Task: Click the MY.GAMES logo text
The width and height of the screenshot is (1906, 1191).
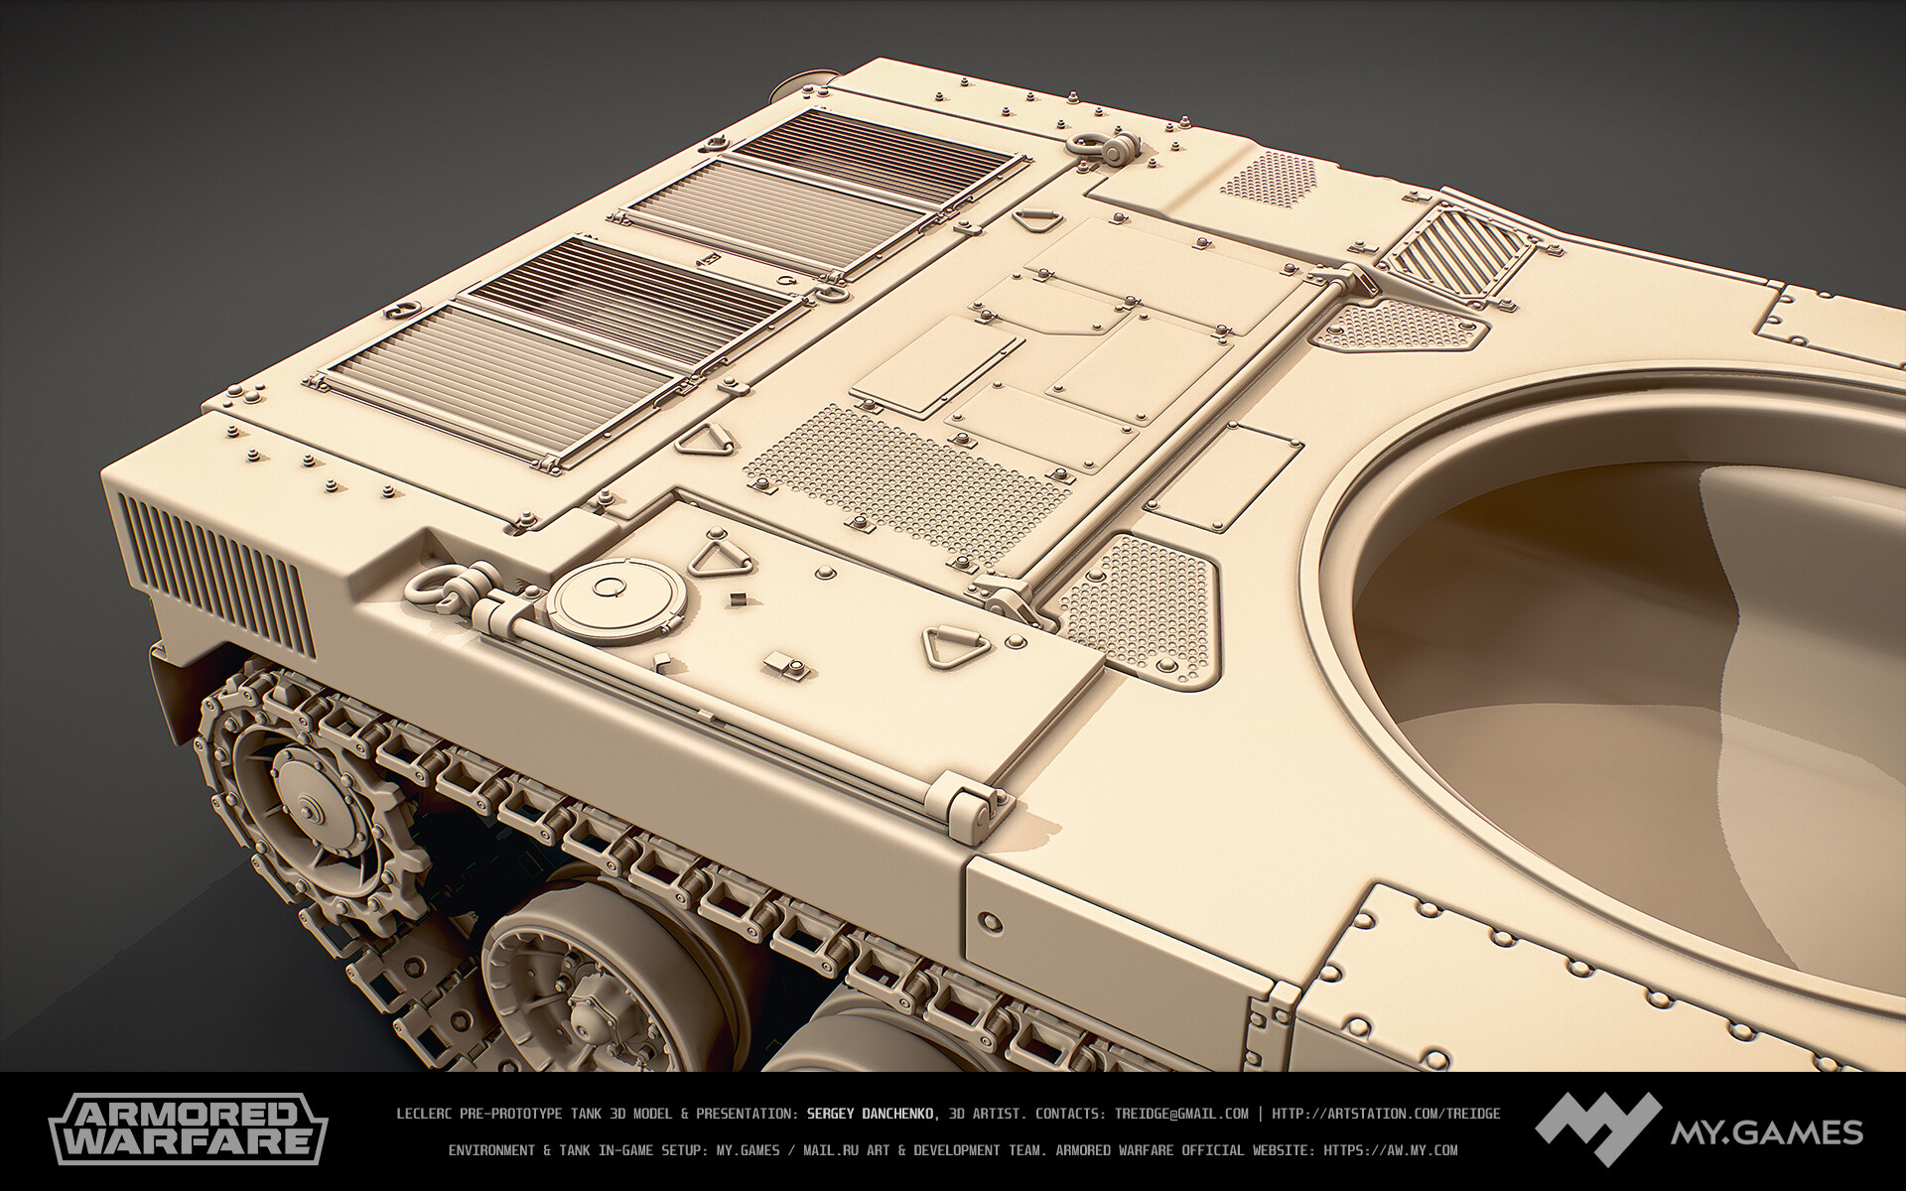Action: coord(1766,1131)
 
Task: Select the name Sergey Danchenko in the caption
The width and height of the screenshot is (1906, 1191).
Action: coord(871,1114)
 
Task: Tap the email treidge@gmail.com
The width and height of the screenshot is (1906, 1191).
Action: coord(1181,1114)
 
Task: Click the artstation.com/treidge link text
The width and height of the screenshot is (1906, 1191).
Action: coord(1386,1114)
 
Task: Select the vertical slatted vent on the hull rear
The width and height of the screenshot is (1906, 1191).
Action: coord(213,571)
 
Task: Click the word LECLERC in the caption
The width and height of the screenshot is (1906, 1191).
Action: coord(426,1114)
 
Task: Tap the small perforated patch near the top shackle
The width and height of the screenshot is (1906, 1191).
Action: coord(1270,179)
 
